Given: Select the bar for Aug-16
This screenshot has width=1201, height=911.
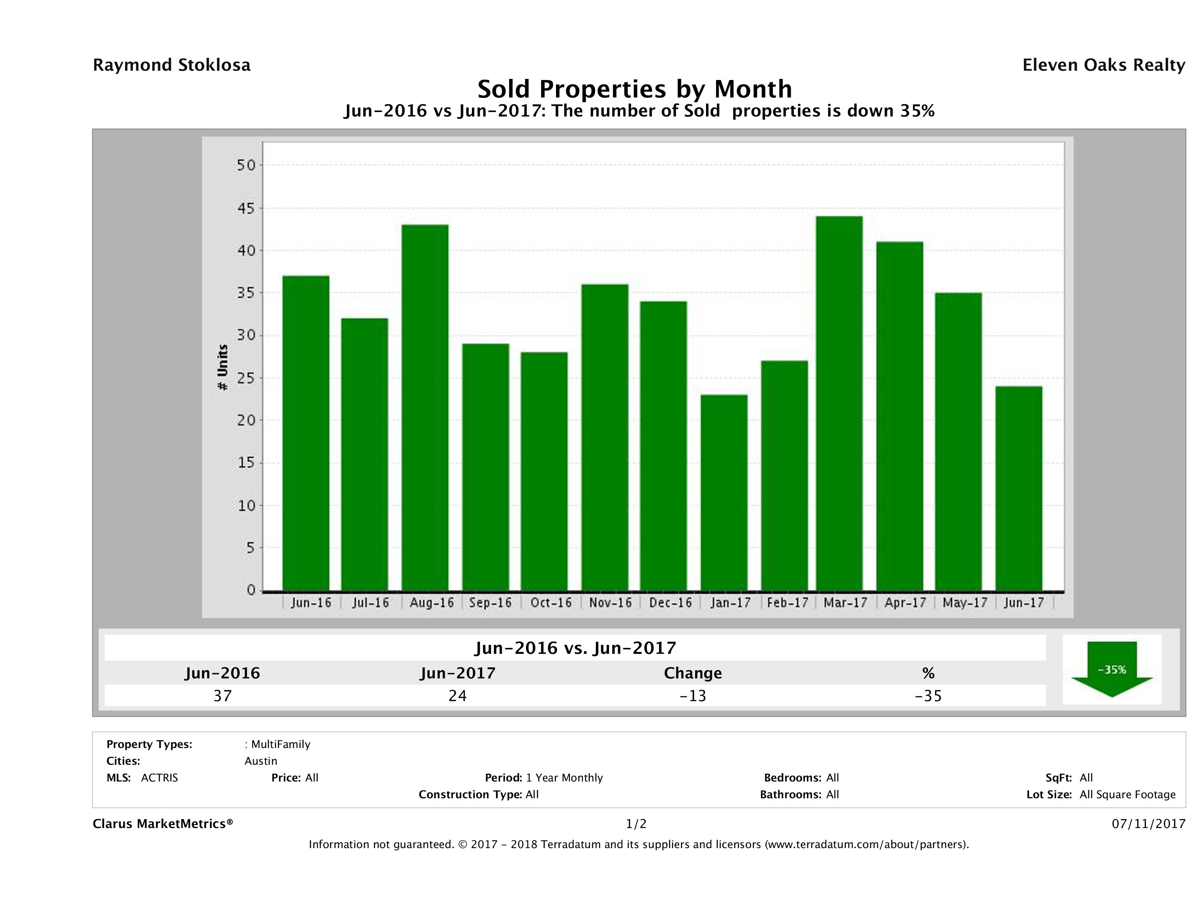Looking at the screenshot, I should (x=425, y=407).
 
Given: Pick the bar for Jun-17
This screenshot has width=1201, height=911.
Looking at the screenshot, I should (x=1019, y=488).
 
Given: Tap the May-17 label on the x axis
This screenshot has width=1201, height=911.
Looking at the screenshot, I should (x=965, y=602).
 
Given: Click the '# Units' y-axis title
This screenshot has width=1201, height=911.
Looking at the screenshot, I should (x=222, y=368).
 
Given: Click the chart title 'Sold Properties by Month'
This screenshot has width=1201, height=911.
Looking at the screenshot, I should (x=634, y=89).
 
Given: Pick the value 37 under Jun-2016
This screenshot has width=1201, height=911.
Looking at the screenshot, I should (x=223, y=696).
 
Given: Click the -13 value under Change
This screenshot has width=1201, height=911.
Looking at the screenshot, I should (x=693, y=696).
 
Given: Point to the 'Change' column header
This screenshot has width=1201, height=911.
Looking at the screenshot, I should (x=693, y=673).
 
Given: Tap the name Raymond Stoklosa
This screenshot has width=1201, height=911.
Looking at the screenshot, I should (x=172, y=65).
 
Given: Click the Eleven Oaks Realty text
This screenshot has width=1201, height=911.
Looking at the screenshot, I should (x=1103, y=65).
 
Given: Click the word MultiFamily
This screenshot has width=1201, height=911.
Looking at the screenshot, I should (x=281, y=744).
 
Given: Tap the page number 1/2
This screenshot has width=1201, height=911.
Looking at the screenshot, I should (x=636, y=824).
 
